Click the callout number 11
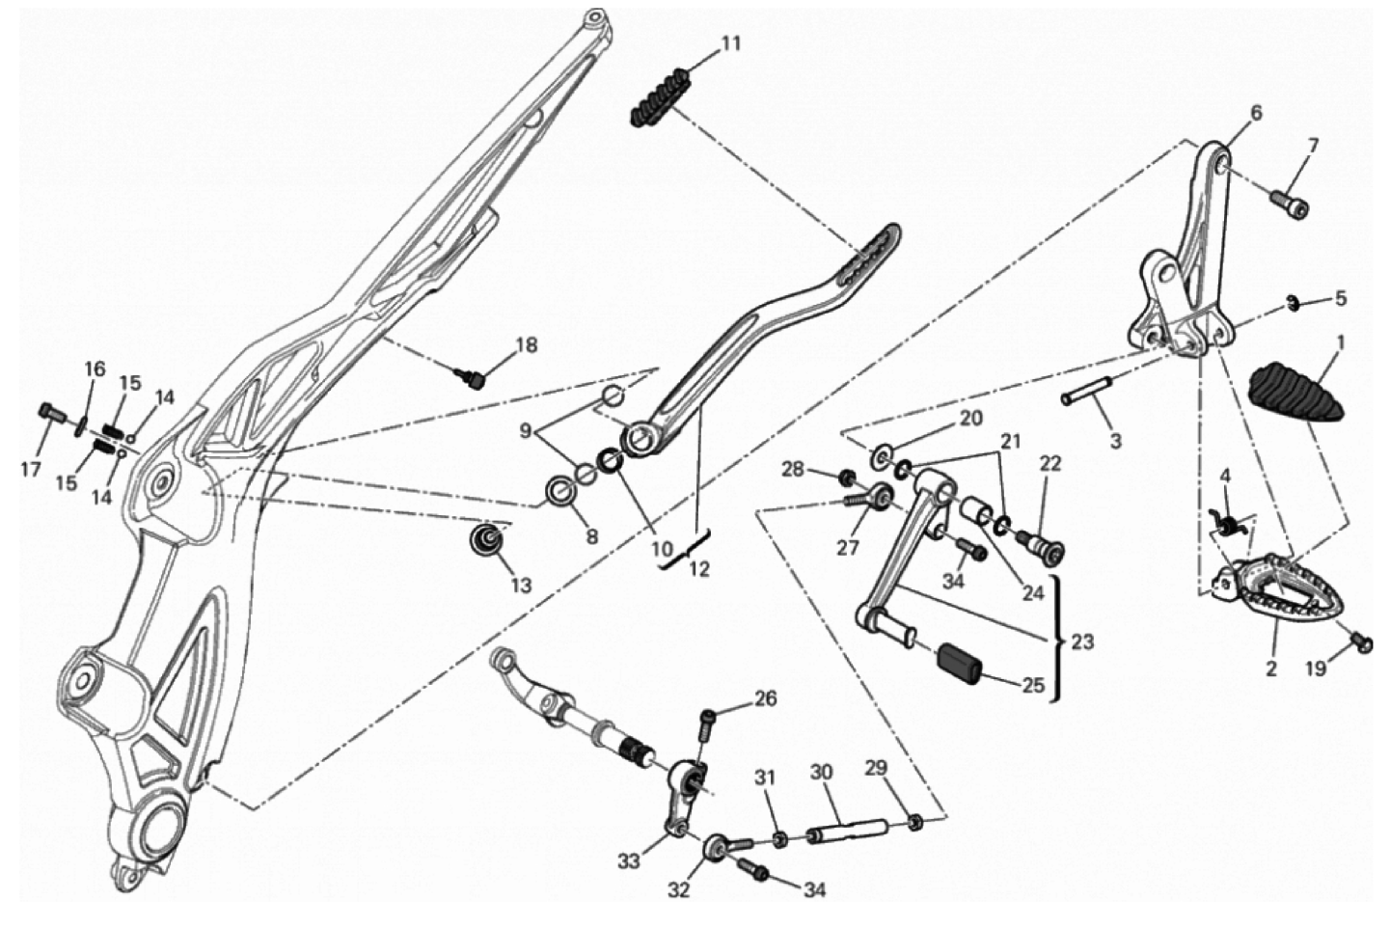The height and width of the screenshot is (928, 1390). click(x=731, y=44)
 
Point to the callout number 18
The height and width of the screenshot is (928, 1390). click(x=527, y=345)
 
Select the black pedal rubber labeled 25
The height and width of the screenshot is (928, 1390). click(x=961, y=663)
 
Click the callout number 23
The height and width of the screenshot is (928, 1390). click(x=1082, y=641)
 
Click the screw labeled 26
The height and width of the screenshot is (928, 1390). click(x=707, y=726)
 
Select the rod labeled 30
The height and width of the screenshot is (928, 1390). click(x=848, y=832)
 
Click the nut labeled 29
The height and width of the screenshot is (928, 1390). click(x=914, y=824)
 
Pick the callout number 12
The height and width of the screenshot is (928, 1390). click(x=698, y=568)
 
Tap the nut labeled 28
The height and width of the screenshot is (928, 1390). click(x=845, y=478)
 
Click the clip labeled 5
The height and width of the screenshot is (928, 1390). click(x=1294, y=304)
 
